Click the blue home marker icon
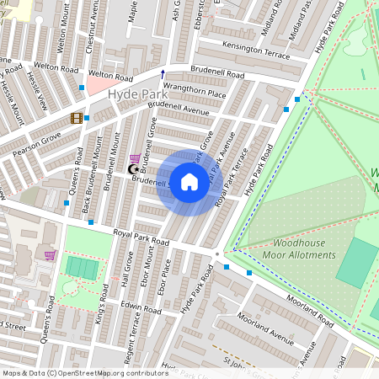tap(189, 182)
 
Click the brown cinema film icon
tap(77, 118)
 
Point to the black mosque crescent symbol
tap(131, 169)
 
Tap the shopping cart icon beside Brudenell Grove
tap(135, 158)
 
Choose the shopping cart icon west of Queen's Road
tap(50, 255)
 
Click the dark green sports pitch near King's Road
tap(83, 269)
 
